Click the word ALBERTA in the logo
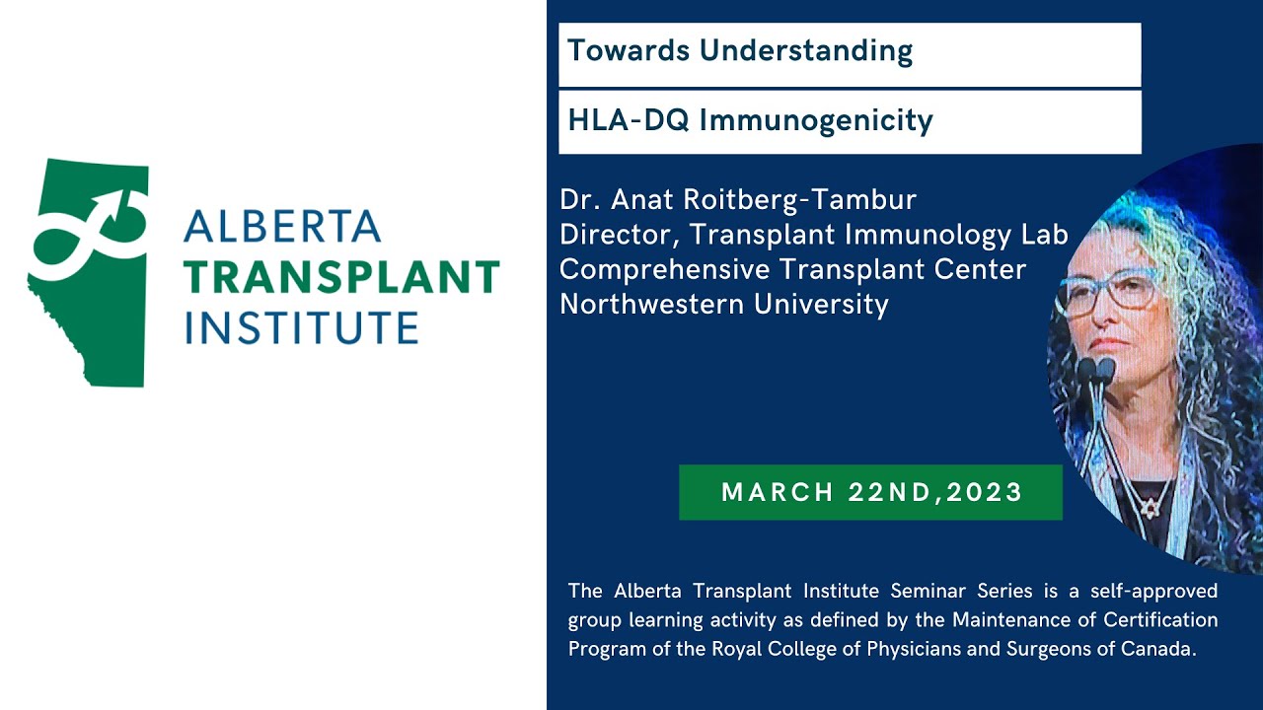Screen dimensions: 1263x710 coord(282,227)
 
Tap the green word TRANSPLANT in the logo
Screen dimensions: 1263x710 coord(342,277)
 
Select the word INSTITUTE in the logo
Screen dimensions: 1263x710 coord(302,327)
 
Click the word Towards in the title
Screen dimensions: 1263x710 coord(629,50)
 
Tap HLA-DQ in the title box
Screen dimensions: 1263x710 coord(629,120)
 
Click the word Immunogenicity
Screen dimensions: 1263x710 coord(816,121)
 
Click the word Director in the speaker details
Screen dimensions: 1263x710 coord(620,235)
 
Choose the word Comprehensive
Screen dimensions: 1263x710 coord(665,270)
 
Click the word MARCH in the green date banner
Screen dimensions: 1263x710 coord(778,492)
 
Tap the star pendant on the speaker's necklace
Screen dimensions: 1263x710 coord(1149,509)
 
